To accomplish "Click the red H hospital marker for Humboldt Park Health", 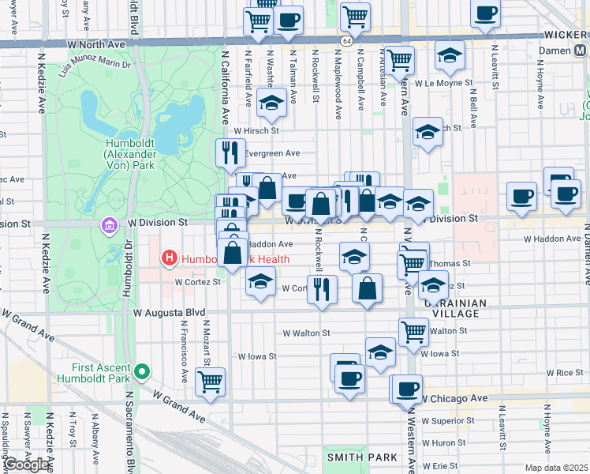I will pyautogui.click(x=168, y=258).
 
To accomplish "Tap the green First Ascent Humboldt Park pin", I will pyautogui.click(x=142, y=370).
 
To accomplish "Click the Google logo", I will pyautogui.click(x=28, y=465).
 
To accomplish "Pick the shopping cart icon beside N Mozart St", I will pyautogui.click(x=210, y=382).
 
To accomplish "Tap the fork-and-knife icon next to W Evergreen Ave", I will pyautogui.click(x=230, y=153).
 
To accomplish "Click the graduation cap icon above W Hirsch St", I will pyautogui.click(x=271, y=103).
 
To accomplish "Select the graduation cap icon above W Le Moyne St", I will pyautogui.click(x=450, y=55).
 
